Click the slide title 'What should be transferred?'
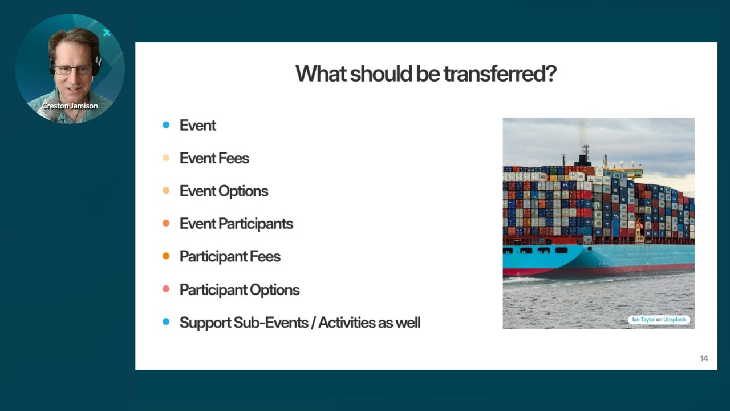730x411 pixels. tap(425, 74)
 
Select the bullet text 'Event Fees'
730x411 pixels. tap(214, 158)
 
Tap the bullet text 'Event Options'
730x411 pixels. tap(224, 191)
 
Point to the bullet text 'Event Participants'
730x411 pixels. tap(236, 224)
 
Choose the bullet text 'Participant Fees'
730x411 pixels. tap(230, 257)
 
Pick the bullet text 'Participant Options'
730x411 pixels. tap(239, 290)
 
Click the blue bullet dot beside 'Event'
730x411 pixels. tap(166, 125)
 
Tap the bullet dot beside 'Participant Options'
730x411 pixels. tap(166, 289)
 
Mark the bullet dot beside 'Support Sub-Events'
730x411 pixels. tap(166, 322)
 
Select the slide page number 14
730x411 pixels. tap(704, 358)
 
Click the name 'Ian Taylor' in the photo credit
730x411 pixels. tap(643, 320)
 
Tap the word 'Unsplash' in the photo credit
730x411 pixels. tap(674, 320)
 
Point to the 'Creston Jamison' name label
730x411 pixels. tap(70, 106)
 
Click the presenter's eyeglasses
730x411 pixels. tap(74, 70)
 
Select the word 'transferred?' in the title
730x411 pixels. tap(500, 74)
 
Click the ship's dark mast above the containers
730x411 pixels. tap(585, 153)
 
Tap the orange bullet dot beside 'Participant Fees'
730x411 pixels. tap(166, 256)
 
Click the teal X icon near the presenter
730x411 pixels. tap(107, 33)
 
